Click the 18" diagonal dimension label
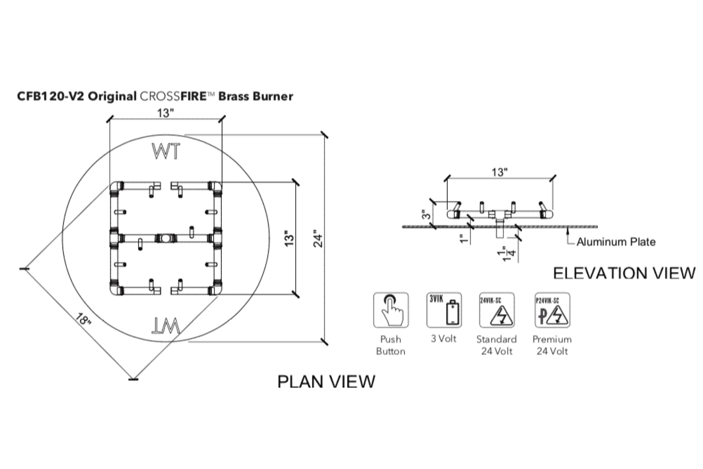click(x=84, y=319)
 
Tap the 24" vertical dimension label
click(x=319, y=239)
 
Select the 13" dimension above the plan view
click(x=165, y=113)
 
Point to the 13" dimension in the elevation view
click(x=499, y=172)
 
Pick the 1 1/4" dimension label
click(x=507, y=254)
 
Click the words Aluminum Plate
click(x=616, y=242)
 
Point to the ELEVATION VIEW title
click(x=624, y=273)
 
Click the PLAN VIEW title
click(x=326, y=381)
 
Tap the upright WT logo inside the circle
click(x=166, y=151)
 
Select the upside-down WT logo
click(x=166, y=326)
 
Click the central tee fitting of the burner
click(x=165, y=239)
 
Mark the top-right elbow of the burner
click(x=215, y=186)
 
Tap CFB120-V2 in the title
click(x=51, y=96)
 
